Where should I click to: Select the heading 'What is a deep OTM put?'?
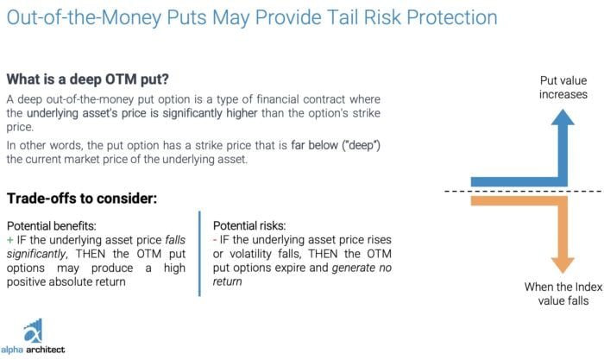88,79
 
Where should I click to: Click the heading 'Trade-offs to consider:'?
82,198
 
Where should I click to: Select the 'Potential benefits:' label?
52,226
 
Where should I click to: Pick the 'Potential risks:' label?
249,225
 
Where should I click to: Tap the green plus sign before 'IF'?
10,240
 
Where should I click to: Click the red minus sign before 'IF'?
215,240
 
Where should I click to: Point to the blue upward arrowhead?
563,117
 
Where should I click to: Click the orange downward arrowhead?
563,266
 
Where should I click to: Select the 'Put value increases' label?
563,87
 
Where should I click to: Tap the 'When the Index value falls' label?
563,294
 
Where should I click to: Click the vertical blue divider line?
199,253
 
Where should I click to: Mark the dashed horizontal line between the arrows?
524,191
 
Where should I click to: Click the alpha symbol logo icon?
33,331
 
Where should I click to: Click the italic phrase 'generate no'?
362,268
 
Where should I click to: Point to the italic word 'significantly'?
36,254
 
